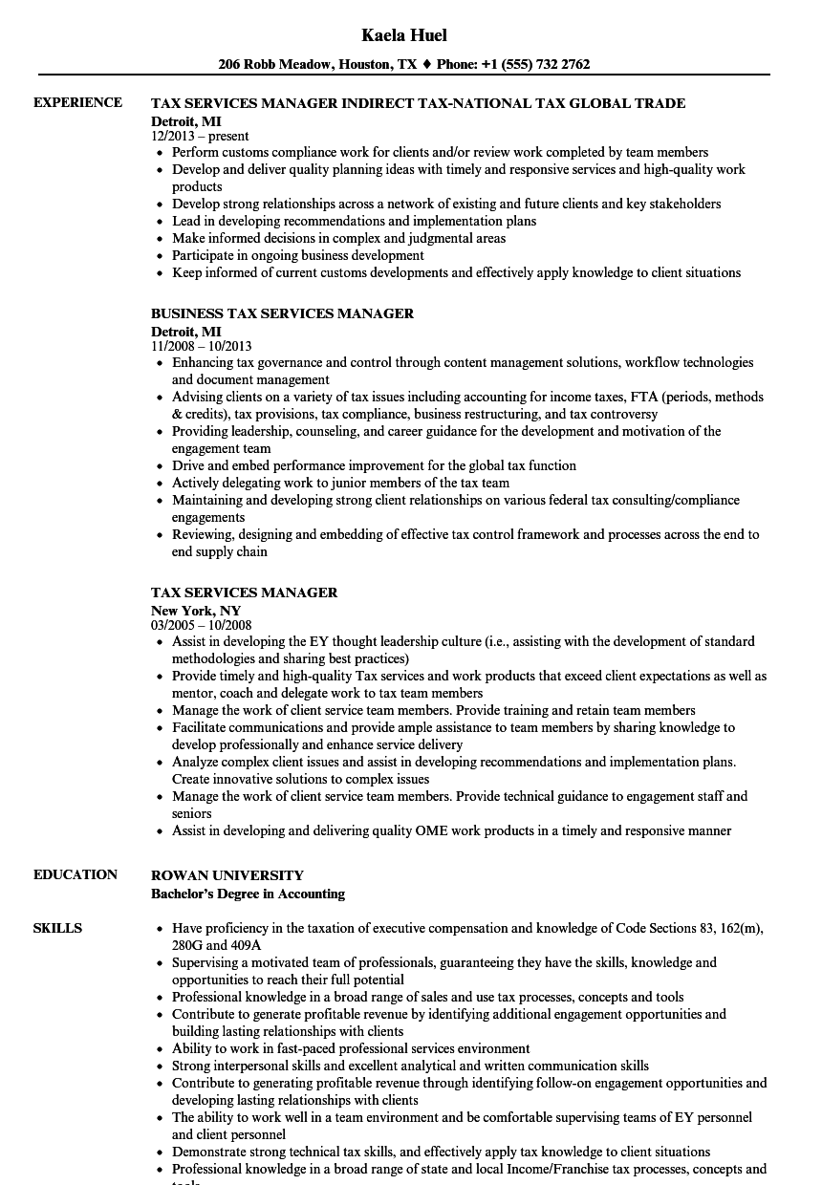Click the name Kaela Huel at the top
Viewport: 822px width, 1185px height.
[404, 35]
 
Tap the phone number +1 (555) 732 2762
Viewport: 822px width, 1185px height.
[533, 65]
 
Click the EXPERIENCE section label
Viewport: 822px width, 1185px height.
[77, 102]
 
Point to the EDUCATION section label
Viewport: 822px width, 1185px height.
[76, 874]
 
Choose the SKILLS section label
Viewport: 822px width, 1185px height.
[57, 928]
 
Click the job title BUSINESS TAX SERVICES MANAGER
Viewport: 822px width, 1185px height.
[283, 313]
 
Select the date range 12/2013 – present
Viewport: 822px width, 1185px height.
[200, 136]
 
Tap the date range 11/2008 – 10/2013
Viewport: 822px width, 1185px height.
[202, 346]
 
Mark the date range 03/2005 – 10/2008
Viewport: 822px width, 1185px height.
[202, 625]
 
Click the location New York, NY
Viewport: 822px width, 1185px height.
[196, 610]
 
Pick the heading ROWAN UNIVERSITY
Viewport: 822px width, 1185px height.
[227, 875]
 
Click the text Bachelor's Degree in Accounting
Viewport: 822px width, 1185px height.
[249, 894]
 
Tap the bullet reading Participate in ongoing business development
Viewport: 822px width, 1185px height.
[298, 255]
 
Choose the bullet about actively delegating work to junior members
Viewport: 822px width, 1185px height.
[340, 483]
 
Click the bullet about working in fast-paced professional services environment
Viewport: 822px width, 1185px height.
[351, 1048]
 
